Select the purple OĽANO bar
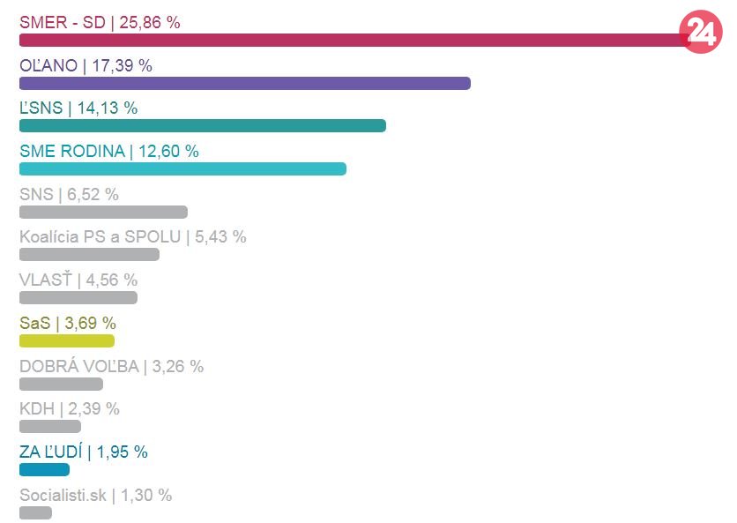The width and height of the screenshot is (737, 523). pyautogui.click(x=245, y=83)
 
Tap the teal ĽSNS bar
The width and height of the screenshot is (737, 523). pyautogui.click(x=203, y=125)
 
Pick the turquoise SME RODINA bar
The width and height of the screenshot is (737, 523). pyautogui.click(x=182, y=168)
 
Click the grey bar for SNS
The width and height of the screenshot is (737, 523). pyautogui.click(x=103, y=212)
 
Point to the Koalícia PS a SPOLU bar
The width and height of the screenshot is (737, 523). pyautogui.click(x=89, y=255)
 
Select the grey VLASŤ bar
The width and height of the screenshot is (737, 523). pyautogui.click(x=78, y=297)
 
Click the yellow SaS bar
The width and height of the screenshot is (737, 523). pyautogui.click(x=67, y=340)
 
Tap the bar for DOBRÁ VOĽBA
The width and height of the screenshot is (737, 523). pyautogui.click(x=61, y=384)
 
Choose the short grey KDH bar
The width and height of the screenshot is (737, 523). pyautogui.click(x=50, y=426)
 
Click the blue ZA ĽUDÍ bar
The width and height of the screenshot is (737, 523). pyautogui.click(x=44, y=469)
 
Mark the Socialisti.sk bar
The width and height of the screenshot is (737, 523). pyautogui.click(x=35, y=512)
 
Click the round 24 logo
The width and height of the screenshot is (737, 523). pyautogui.click(x=701, y=34)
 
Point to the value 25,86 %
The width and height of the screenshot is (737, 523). pyautogui.click(x=150, y=23)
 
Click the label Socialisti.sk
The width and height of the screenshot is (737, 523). pyautogui.click(x=63, y=495)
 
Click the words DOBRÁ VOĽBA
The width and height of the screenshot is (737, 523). pyautogui.click(x=79, y=366)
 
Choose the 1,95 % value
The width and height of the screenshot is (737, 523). pyautogui.click(x=123, y=452)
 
